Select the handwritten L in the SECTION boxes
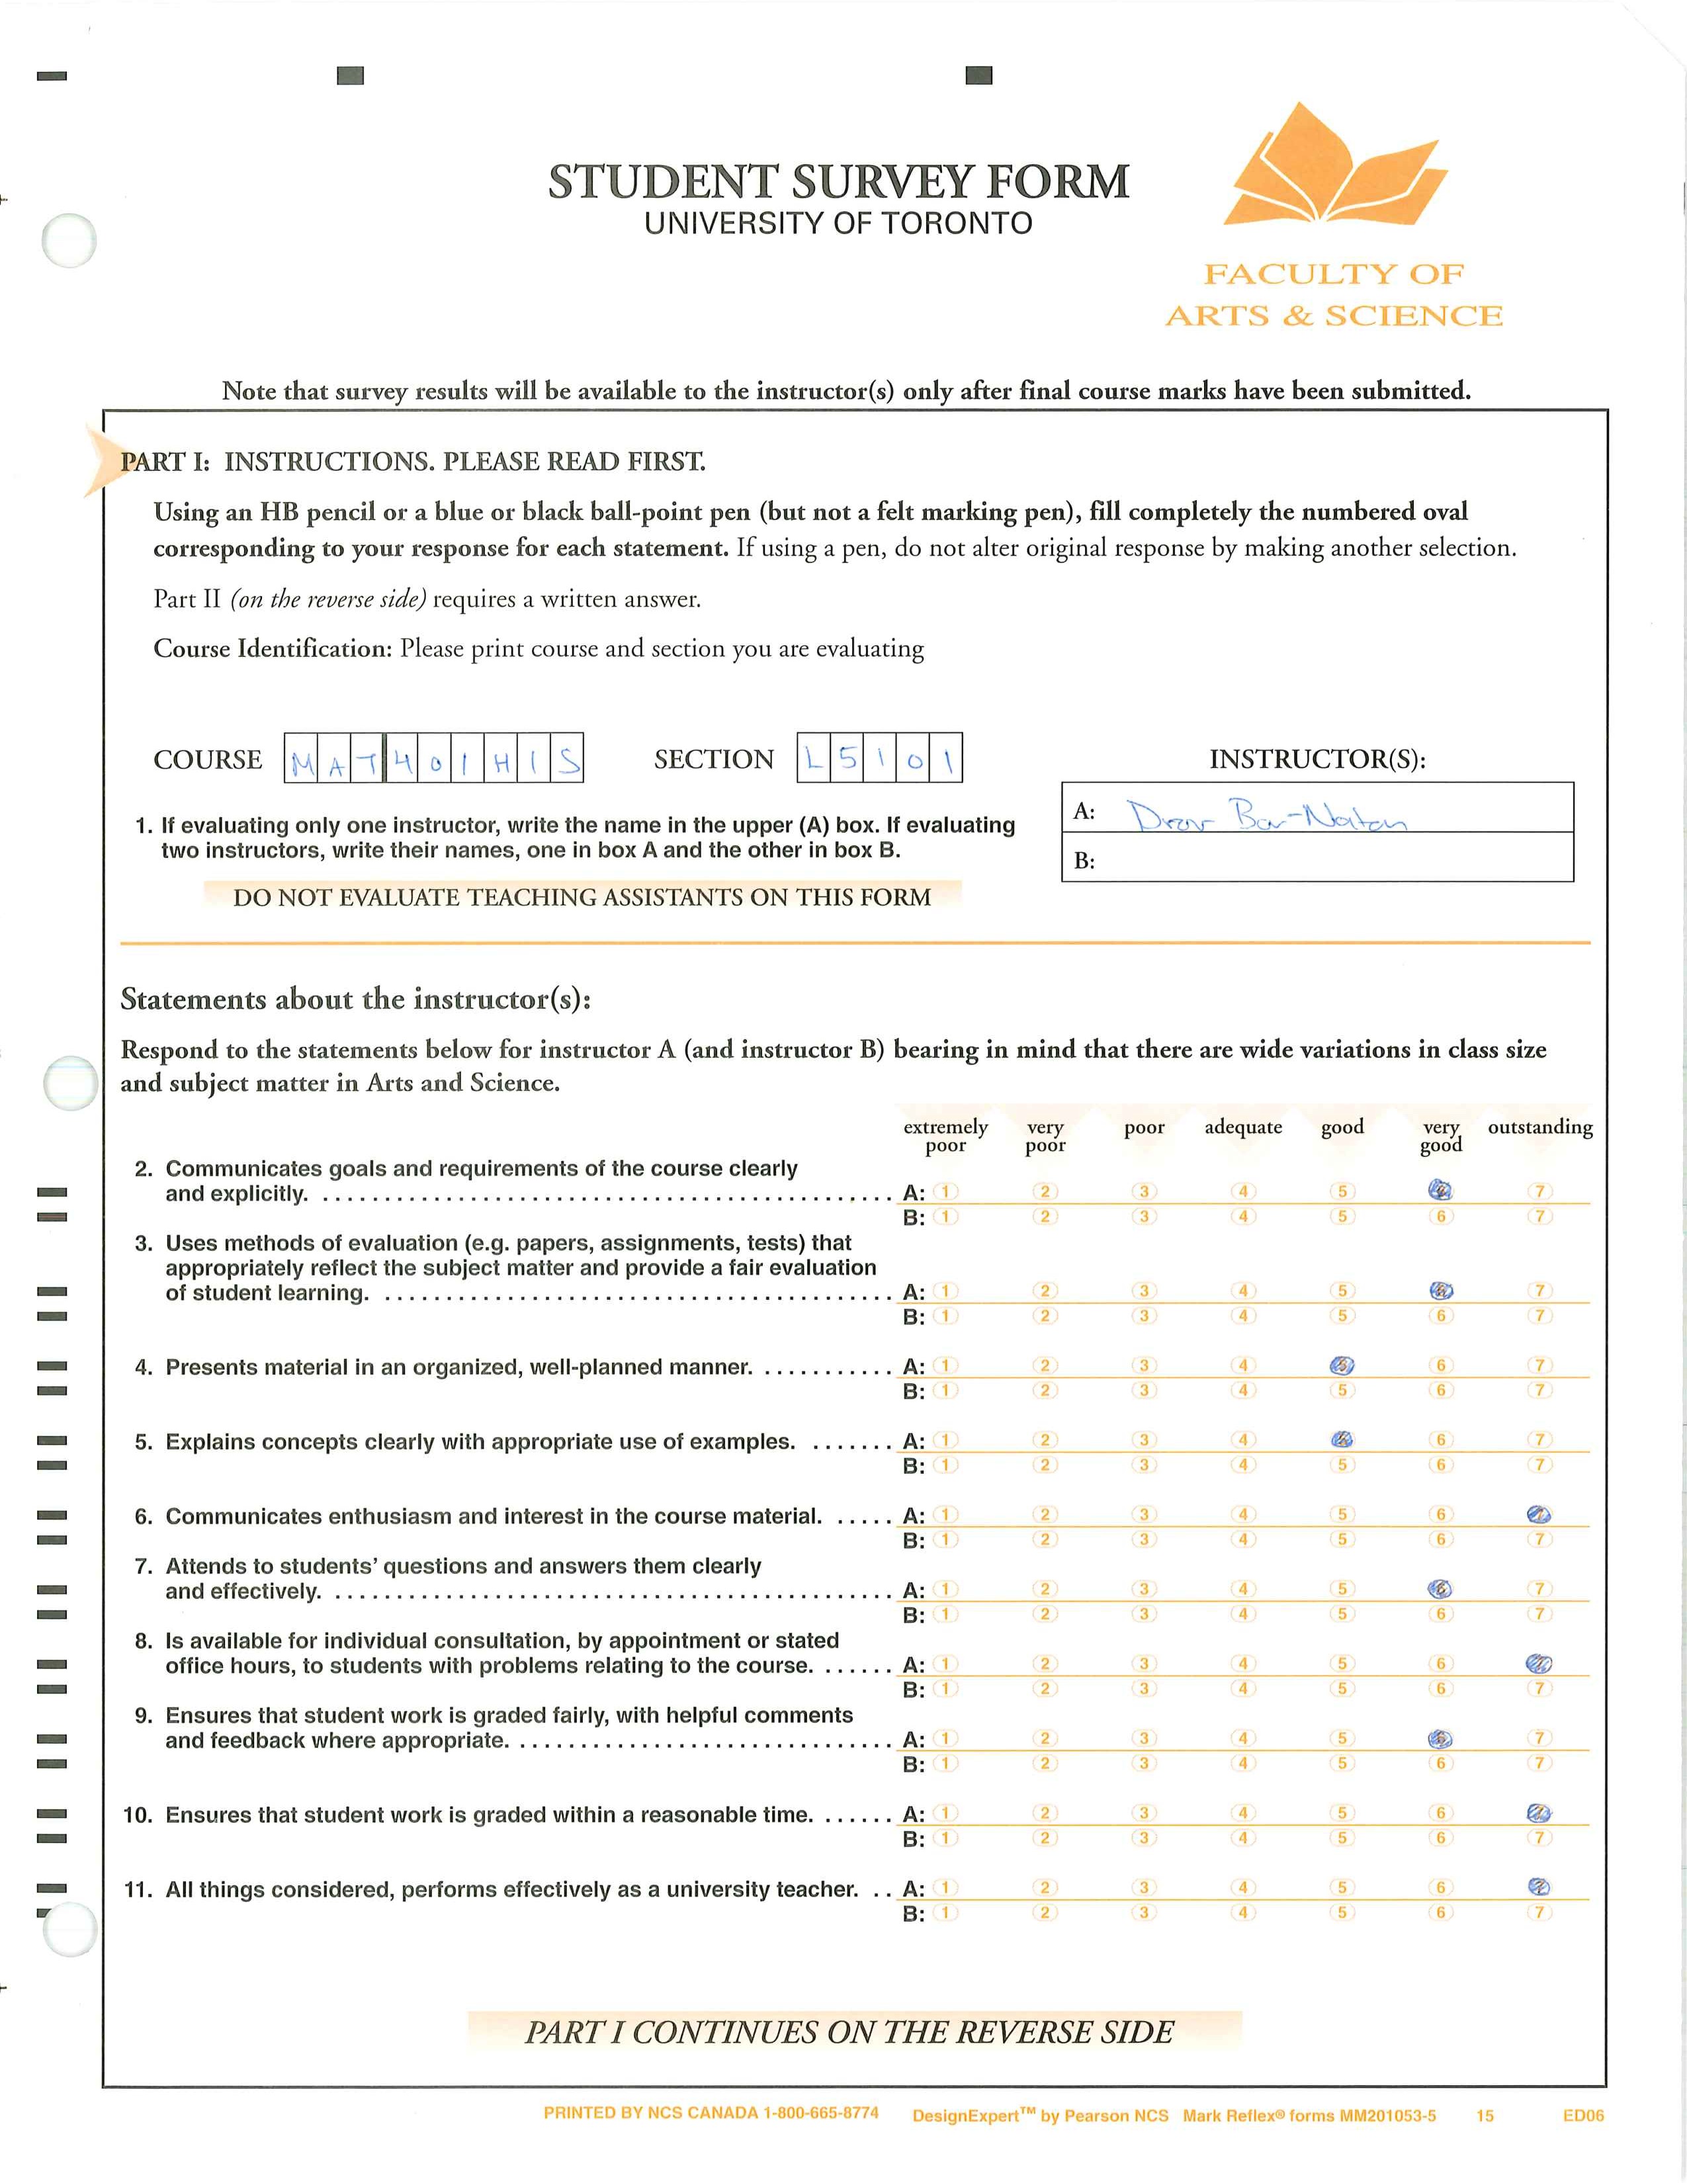pos(814,759)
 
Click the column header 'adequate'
pos(1243,1127)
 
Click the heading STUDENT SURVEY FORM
pos(838,182)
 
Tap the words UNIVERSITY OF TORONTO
pos(838,223)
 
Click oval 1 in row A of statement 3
pos(945,1291)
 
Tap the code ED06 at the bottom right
pos(1583,2115)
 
